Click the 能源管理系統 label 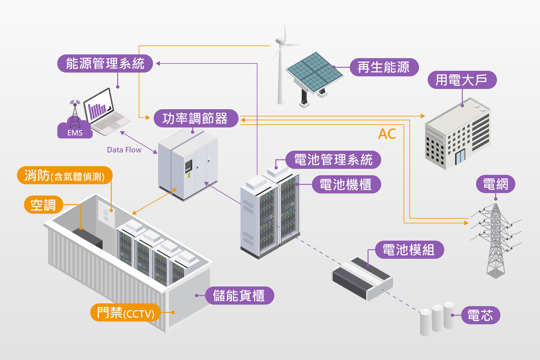105,64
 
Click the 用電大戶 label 462,80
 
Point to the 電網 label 495,184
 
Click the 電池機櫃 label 346,184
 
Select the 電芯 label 480,315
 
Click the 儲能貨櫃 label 240,295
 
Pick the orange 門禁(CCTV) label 125,313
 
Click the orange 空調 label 43,205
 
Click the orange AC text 387,134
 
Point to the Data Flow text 124,150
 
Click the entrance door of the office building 459,157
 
